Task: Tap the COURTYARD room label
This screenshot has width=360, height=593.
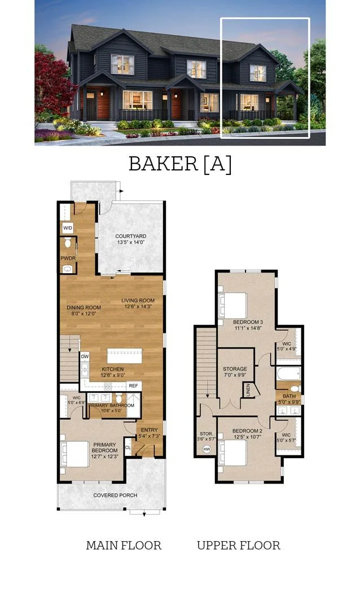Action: tap(131, 236)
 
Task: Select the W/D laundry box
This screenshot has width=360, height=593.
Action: tap(67, 228)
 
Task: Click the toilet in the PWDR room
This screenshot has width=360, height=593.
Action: tap(68, 244)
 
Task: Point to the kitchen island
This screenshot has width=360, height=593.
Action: tap(124, 357)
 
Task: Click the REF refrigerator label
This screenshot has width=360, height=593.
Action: tap(133, 386)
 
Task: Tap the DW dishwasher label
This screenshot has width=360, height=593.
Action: tap(85, 357)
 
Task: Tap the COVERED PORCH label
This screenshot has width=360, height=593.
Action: tap(115, 495)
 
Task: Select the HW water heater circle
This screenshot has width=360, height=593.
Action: tap(206, 450)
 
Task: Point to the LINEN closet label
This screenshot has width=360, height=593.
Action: tap(247, 390)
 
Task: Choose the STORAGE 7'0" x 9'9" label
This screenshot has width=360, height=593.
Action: tap(235, 372)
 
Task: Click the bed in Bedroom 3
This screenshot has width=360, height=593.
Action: tap(233, 305)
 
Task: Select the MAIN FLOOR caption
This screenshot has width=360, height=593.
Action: tap(124, 546)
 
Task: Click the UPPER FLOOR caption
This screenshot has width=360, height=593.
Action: tap(238, 546)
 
